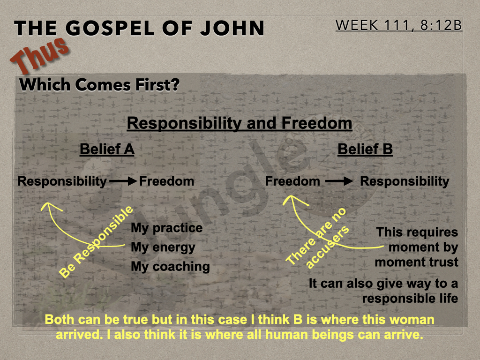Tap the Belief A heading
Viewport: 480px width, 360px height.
point(107,150)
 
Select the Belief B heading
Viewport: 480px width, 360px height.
point(365,150)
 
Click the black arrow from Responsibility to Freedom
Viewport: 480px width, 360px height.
point(123,181)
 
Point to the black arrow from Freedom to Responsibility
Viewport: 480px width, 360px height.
point(339,181)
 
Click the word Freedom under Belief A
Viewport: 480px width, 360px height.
point(166,181)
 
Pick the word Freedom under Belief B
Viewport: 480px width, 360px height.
point(292,181)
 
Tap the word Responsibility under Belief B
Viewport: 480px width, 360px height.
point(405,181)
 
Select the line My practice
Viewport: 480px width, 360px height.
point(166,228)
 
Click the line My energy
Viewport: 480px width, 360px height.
point(163,247)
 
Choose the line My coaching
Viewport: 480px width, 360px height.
point(170,267)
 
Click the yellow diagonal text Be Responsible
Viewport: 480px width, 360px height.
point(96,242)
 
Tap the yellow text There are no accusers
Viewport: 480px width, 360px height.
point(317,238)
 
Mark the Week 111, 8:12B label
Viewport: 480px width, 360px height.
point(398,25)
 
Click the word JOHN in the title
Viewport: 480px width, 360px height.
point(232,28)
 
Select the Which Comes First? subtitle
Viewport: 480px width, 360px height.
point(99,85)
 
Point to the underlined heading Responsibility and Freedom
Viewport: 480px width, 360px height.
point(240,124)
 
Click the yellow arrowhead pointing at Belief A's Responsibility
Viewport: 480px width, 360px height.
point(49,207)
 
